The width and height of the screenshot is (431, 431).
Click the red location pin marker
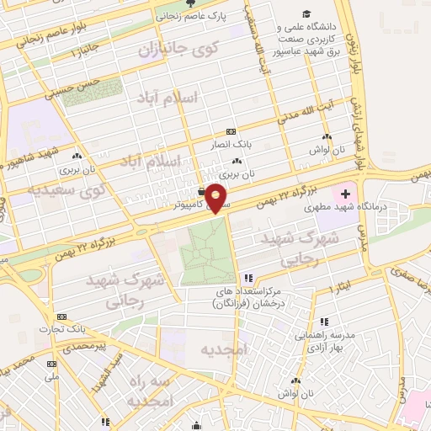217,197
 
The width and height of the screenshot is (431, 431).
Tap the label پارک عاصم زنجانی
189,15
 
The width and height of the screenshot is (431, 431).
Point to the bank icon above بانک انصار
231,132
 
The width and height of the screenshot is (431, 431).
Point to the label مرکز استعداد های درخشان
248,295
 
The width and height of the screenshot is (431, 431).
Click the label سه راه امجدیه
151,391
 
